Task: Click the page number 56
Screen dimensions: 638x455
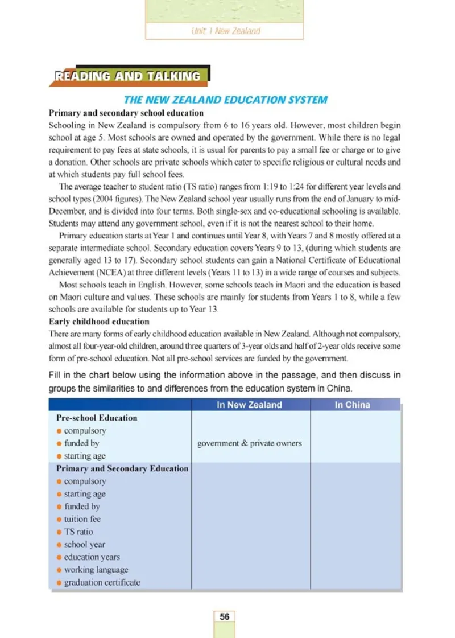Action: [x=225, y=616]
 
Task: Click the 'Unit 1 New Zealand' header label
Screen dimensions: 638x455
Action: [x=225, y=31]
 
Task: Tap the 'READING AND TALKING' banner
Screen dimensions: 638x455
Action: [x=128, y=76]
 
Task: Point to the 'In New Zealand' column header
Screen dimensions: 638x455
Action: [x=250, y=405]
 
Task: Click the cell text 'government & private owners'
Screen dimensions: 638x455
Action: [x=249, y=443]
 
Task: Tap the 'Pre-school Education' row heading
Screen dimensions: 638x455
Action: [x=97, y=418]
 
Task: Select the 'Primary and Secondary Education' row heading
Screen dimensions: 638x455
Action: [x=122, y=468]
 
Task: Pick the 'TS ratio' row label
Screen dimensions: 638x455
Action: [x=78, y=532]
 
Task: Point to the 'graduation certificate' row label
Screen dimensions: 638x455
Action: [x=102, y=582]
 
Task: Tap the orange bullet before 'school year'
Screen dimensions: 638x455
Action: [x=59, y=545]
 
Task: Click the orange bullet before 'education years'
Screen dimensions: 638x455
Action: [x=59, y=557]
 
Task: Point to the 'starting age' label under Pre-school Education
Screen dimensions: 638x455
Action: [x=85, y=456]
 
